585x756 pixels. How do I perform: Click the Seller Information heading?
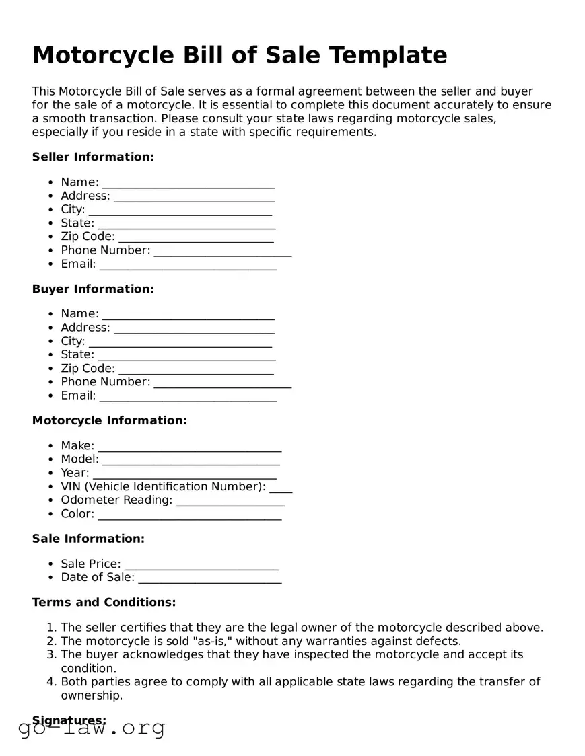click(x=93, y=157)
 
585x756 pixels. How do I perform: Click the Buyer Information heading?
click(x=93, y=289)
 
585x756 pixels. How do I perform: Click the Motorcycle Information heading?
click(x=109, y=420)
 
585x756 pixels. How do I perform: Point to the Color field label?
click(x=77, y=514)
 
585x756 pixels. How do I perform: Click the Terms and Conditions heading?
click(x=104, y=602)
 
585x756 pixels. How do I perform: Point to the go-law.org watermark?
click(x=92, y=727)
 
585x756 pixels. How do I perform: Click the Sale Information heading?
click(x=88, y=539)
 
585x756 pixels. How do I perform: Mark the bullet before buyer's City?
click(x=51, y=342)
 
